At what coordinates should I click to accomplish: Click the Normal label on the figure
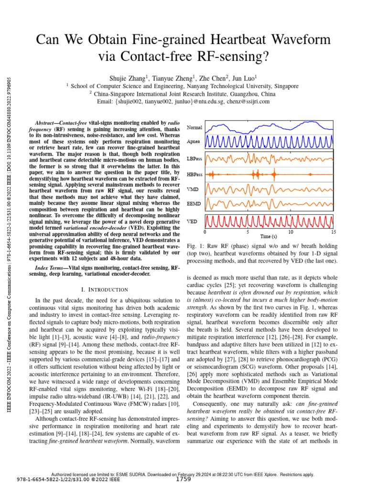click(194, 128)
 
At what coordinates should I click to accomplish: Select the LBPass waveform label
click(194, 158)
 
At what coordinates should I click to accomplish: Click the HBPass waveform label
click(194, 174)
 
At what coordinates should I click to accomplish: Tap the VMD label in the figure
click(193, 189)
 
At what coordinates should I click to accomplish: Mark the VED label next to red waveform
click(192, 222)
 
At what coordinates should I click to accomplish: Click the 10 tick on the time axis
click(291, 232)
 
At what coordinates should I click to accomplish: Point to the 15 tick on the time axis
click(334, 232)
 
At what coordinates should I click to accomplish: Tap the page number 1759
click(183, 479)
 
